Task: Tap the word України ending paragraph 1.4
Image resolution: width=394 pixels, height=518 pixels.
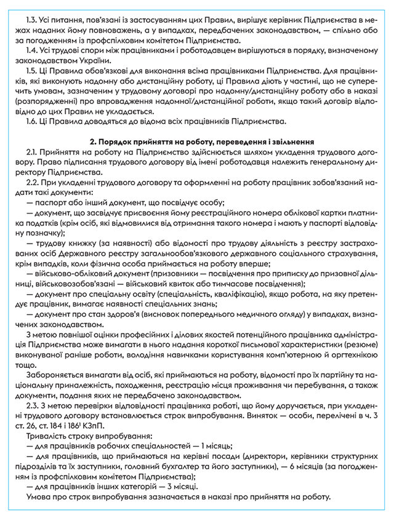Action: [x=91, y=61]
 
